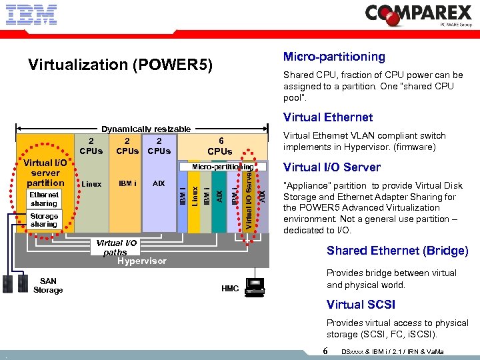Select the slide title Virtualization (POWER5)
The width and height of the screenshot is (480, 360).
pos(120,65)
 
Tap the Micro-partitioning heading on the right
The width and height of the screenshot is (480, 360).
pos(334,57)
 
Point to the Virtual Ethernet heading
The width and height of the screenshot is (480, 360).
pos(328,117)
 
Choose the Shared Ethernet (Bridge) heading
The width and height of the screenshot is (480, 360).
pos(397,251)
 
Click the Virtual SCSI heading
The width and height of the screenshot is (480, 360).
pos(361,305)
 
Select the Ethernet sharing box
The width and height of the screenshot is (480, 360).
pos(44,199)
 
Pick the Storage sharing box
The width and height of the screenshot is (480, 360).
pos(44,220)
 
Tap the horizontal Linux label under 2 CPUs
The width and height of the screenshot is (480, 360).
pos(91,183)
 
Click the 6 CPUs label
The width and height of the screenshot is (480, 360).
pos(220,146)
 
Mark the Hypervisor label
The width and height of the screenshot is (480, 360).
pos(141,261)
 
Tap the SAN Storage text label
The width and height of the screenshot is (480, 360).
pos(48,285)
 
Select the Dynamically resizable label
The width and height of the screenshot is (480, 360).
pos(145,129)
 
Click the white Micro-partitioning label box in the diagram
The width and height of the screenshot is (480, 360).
pos(219,166)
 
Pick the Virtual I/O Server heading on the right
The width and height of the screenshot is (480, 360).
pos(332,167)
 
